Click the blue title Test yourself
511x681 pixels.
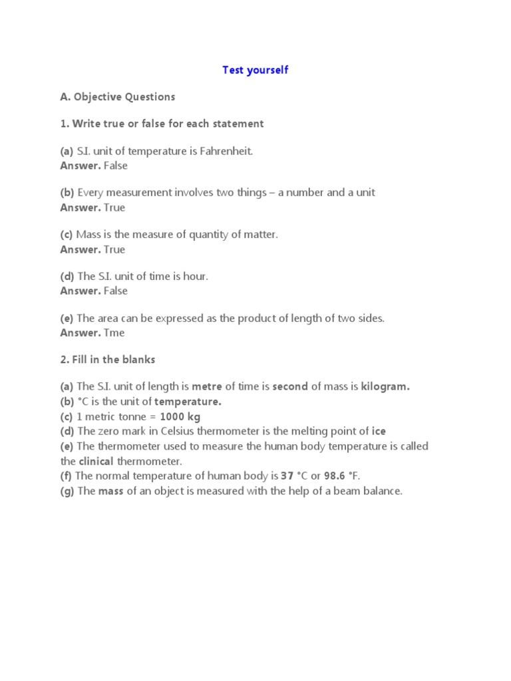pyautogui.click(x=255, y=70)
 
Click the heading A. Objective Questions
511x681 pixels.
pyautogui.click(x=118, y=97)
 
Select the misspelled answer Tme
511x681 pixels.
pyautogui.click(x=114, y=333)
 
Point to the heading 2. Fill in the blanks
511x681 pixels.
pyautogui.click(x=108, y=360)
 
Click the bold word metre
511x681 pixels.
pyautogui.click(x=207, y=387)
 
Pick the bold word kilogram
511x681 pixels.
pyautogui.click(x=385, y=387)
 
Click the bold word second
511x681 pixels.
pyautogui.click(x=290, y=387)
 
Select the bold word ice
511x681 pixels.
pyautogui.click(x=379, y=432)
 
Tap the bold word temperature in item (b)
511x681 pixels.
pyautogui.click(x=188, y=402)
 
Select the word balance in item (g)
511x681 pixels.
pyautogui.click(x=382, y=491)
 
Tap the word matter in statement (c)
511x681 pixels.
pyautogui.click(x=261, y=235)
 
